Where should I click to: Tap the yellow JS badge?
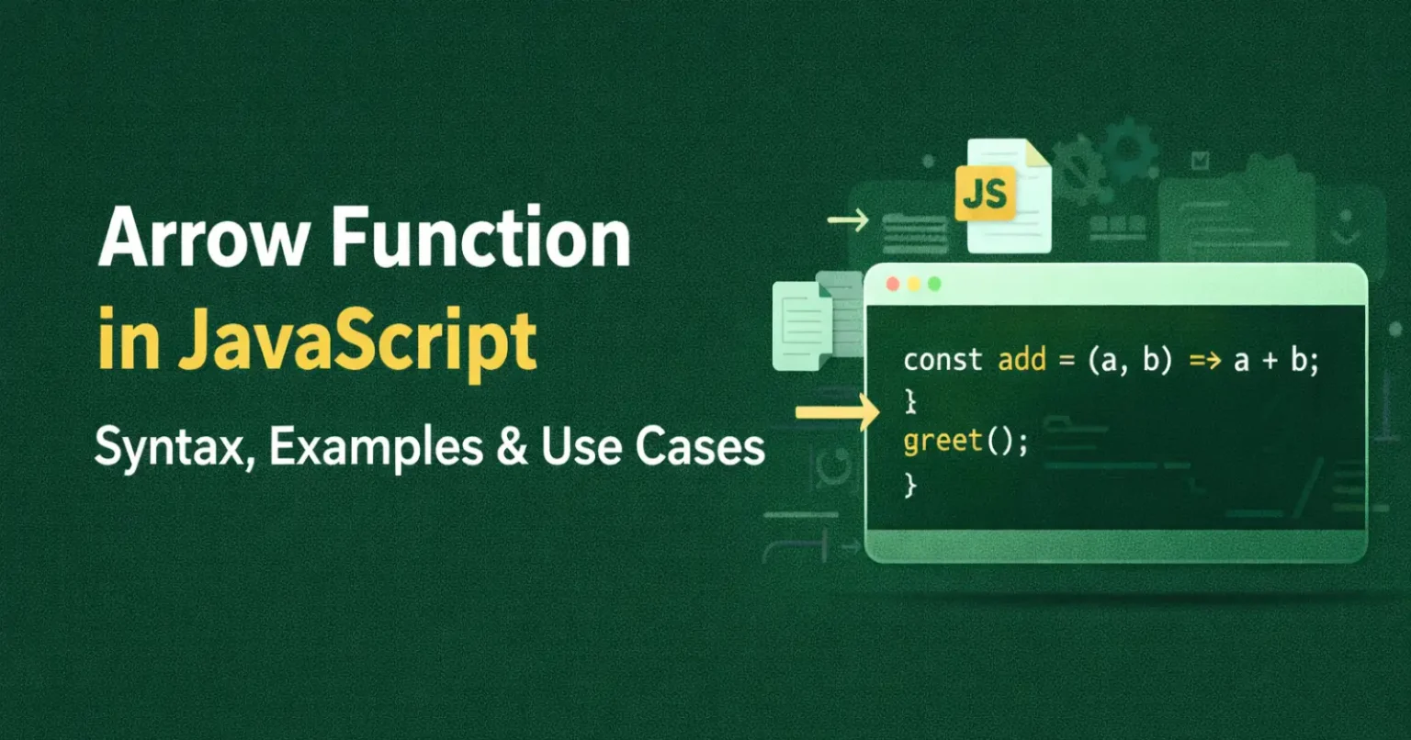pos(985,193)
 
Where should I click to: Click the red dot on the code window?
pos(892,285)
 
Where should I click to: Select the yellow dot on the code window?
pos(913,285)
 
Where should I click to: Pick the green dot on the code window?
pos(934,285)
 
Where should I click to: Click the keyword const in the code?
pos(943,360)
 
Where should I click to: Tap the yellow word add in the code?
pos(1022,360)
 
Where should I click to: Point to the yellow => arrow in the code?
pos(1204,361)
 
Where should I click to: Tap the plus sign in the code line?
pos(1270,361)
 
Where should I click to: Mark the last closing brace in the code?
pos(910,484)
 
